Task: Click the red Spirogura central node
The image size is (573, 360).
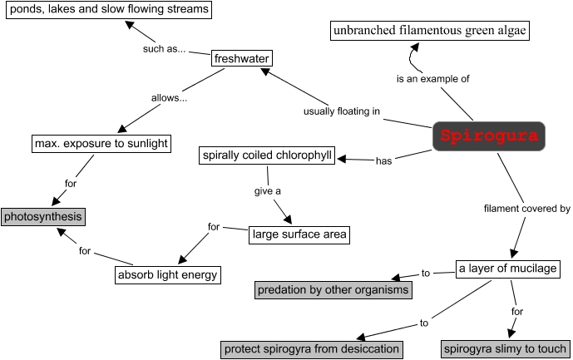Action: tap(489, 136)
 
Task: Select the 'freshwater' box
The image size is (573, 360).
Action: tap(241, 58)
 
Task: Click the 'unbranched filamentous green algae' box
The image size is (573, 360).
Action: tap(430, 32)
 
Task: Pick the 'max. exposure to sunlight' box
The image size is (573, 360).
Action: tap(101, 143)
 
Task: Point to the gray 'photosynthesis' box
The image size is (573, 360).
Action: tap(43, 217)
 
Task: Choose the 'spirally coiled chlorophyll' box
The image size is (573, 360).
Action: tap(267, 155)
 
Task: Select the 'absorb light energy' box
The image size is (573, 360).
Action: tap(167, 274)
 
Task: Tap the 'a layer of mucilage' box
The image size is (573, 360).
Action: tap(508, 269)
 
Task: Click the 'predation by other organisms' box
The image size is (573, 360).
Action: tap(333, 290)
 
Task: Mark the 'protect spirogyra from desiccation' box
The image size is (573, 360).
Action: tap(312, 348)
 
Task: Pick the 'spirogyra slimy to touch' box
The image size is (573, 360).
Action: tap(505, 348)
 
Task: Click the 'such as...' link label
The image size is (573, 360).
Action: tap(163, 48)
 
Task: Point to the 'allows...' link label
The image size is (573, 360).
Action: tap(169, 98)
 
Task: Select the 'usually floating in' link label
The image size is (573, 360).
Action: tap(342, 111)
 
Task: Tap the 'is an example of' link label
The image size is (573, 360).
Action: tap(433, 79)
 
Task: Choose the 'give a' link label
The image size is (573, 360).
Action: tap(267, 191)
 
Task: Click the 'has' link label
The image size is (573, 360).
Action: tap(383, 161)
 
